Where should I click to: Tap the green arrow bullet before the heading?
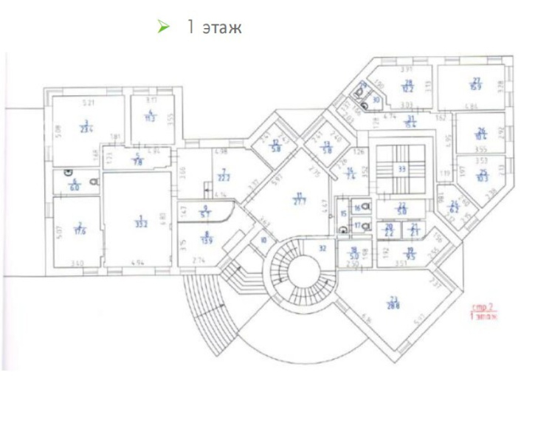coord(164,27)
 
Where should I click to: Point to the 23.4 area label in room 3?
coord(86,126)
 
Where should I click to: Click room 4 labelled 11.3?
coord(151,117)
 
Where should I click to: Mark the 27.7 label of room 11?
coord(299,199)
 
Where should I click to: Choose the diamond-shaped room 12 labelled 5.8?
coord(275,145)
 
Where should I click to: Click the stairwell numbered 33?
coord(401,168)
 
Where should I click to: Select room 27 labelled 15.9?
coord(477,83)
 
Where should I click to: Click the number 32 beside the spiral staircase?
coord(322,249)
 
